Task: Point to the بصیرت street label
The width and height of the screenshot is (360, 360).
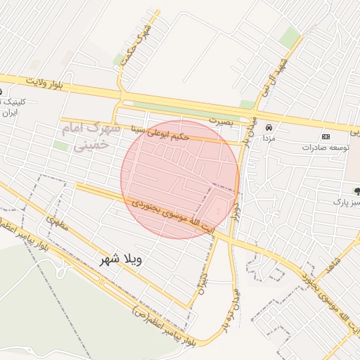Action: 224,121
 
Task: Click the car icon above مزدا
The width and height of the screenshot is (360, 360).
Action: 269,128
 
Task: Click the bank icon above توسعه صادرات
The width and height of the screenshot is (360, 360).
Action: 326,136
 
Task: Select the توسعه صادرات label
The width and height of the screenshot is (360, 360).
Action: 327,148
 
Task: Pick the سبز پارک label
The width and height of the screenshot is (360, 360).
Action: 347,201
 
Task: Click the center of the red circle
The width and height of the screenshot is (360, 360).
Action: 180,179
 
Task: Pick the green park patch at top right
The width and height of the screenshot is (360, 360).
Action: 290,37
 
